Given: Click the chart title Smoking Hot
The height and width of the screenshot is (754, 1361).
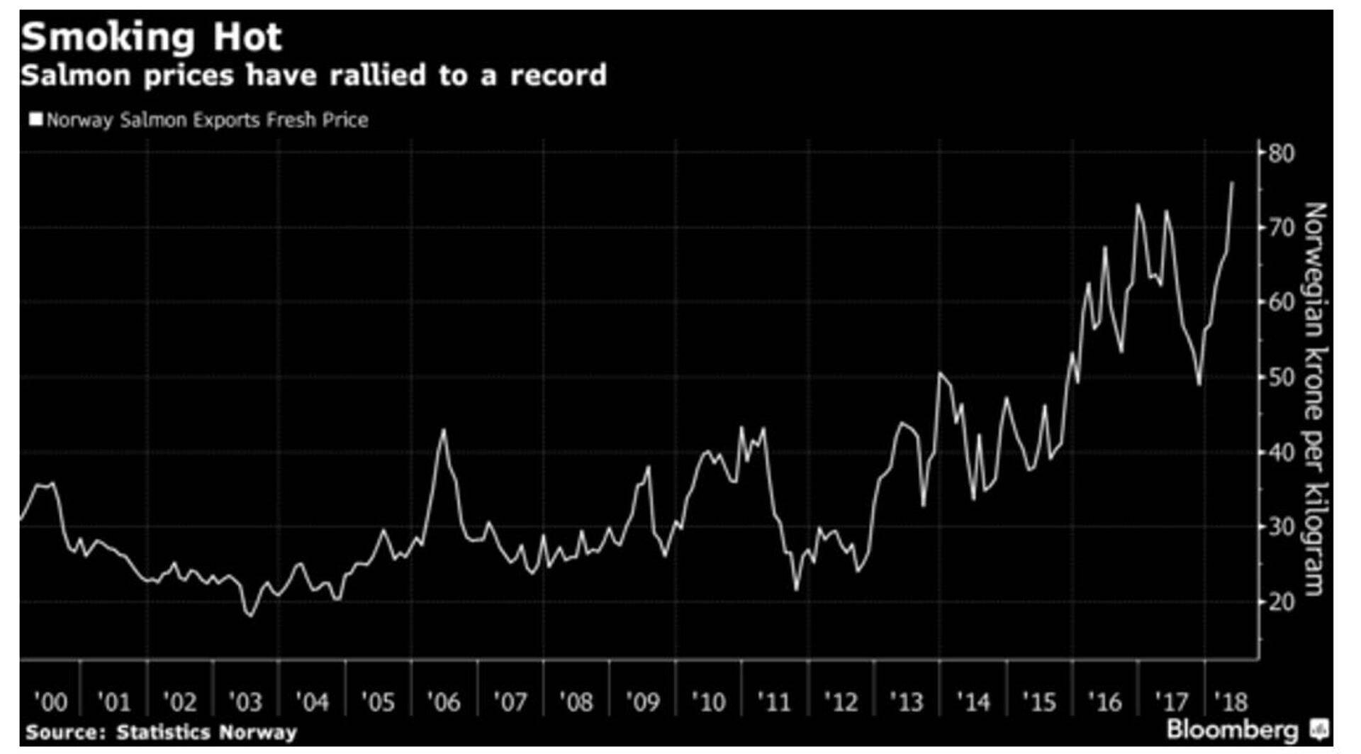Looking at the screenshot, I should pos(151,37).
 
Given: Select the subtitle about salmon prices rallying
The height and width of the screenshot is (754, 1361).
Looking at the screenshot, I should pos(313,75).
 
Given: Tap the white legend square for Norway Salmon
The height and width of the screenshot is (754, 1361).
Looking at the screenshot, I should pos(35,118).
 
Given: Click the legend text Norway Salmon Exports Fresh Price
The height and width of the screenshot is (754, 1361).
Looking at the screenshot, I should pos(207,120).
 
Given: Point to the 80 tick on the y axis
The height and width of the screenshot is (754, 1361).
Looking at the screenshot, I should pos(1281,153).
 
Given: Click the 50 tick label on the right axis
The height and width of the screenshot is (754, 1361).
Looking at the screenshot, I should pos(1281,377).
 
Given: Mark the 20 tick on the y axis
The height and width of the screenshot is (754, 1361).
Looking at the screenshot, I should pos(1281,602).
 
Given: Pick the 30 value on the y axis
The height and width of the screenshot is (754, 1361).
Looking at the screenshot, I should pos(1281,527).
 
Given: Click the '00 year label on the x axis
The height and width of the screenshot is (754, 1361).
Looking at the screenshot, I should pos(50,702).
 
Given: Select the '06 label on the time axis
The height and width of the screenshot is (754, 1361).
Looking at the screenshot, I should pos(443,702).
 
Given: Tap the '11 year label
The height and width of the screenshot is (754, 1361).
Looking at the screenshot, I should pos(773,702).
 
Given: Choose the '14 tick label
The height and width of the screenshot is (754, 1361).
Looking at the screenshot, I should pos(973,702).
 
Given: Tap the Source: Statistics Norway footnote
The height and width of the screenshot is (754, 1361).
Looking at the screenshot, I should pos(161,732).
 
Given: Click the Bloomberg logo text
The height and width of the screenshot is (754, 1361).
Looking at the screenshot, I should pos(1232,729).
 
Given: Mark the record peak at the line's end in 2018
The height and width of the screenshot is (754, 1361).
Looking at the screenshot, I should pos(1232,183).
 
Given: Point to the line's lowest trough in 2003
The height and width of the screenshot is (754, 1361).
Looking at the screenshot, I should pos(250,616).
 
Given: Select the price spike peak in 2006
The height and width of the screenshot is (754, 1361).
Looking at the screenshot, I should pos(444,429).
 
